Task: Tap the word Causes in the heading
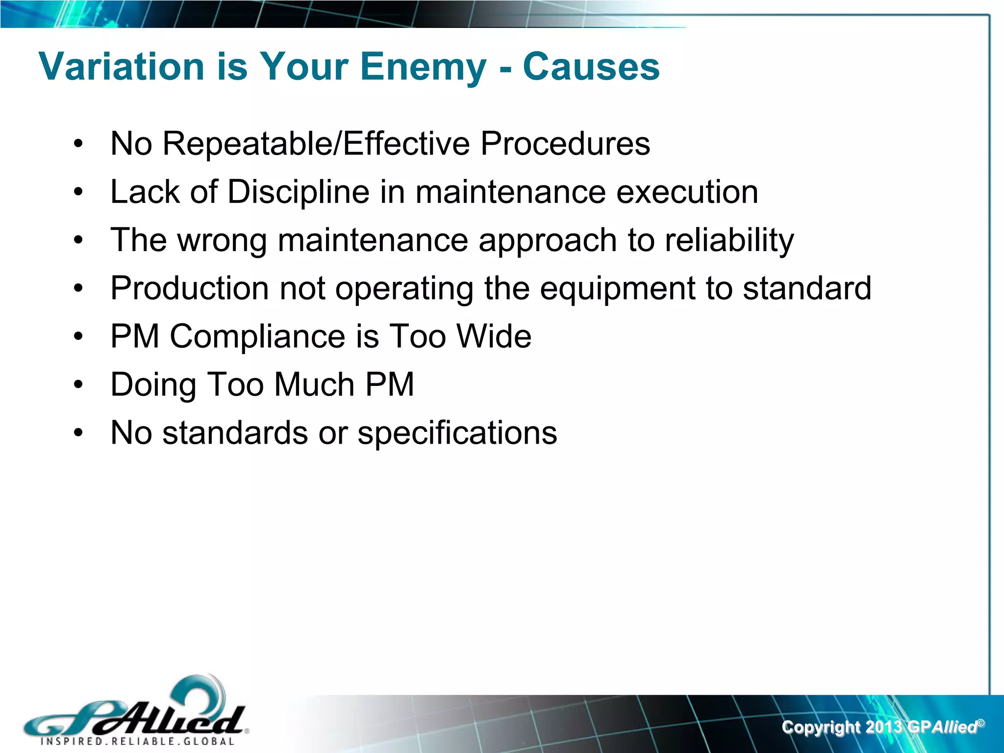591,67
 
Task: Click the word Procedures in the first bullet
565,144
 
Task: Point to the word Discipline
298,192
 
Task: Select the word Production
189,288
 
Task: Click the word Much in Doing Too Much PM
314,384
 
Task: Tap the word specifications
457,433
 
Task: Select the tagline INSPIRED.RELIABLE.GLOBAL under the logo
137,741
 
